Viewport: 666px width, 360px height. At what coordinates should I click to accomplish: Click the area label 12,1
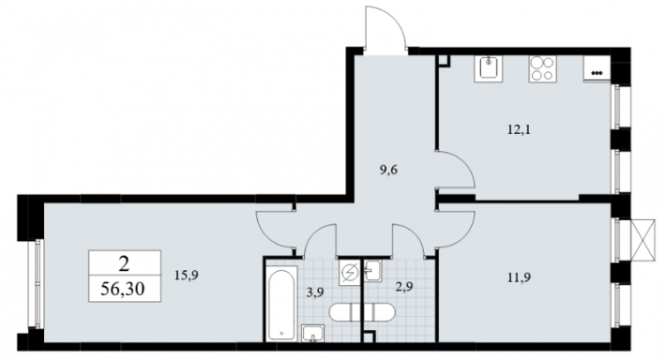[519, 130]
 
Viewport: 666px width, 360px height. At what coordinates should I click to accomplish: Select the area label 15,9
[186, 276]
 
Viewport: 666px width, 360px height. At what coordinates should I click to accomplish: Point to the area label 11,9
[519, 278]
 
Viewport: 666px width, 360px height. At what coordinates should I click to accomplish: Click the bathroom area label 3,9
[315, 292]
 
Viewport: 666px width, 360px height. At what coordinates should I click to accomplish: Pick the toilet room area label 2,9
[404, 287]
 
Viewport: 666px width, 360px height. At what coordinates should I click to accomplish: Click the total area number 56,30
[123, 289]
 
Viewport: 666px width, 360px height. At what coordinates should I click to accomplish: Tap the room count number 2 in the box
[124, 265]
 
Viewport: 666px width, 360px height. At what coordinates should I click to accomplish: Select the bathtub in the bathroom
[281, 303]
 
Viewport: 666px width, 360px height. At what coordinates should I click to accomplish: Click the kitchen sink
[489, 68]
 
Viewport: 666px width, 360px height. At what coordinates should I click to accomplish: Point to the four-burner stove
[542, 68]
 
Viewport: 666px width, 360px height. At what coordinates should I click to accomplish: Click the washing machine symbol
[350, 272]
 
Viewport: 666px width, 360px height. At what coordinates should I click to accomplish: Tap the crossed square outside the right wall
[643, 239]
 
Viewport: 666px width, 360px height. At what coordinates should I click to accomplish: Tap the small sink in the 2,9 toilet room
[373, 270]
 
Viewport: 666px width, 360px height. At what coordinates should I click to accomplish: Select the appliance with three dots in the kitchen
[597, 68]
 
